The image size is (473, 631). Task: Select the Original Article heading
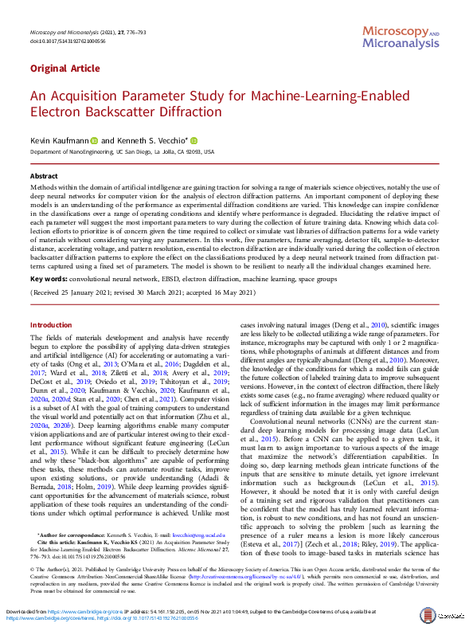tap(61, 69)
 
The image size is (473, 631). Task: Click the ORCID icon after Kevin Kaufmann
tap(93, 139)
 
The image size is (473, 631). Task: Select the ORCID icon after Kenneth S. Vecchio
tap(193, 139)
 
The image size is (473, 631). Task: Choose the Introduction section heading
tap(50, 325)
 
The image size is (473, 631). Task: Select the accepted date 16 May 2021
tap(221, 293)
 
